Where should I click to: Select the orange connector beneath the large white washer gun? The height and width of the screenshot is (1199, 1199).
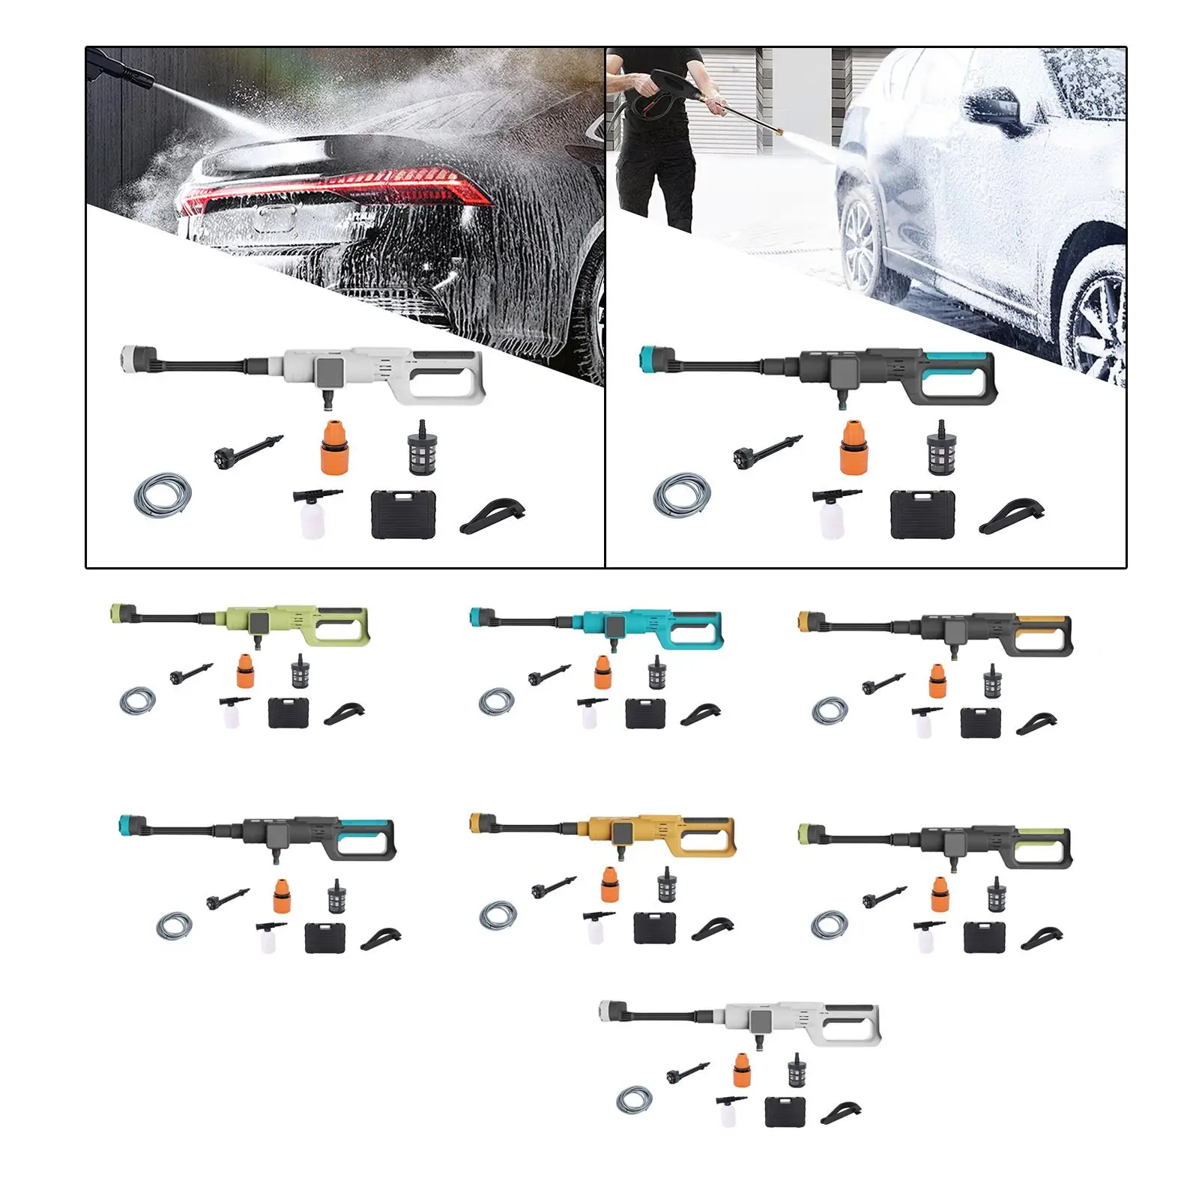tap(333, 447)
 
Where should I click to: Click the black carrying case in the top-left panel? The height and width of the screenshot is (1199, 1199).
tap(404, 514)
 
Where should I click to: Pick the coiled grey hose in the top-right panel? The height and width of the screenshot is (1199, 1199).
tap(681, 495)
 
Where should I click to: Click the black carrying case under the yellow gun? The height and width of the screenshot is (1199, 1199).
tap(654, 928)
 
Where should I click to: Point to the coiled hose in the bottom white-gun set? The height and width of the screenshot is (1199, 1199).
tap(633, 1100)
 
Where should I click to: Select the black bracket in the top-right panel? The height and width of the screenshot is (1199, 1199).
tap(1011, 516)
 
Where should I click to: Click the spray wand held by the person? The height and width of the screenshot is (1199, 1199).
tap(742, 116)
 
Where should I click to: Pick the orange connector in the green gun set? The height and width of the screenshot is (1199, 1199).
tap(244, 671)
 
